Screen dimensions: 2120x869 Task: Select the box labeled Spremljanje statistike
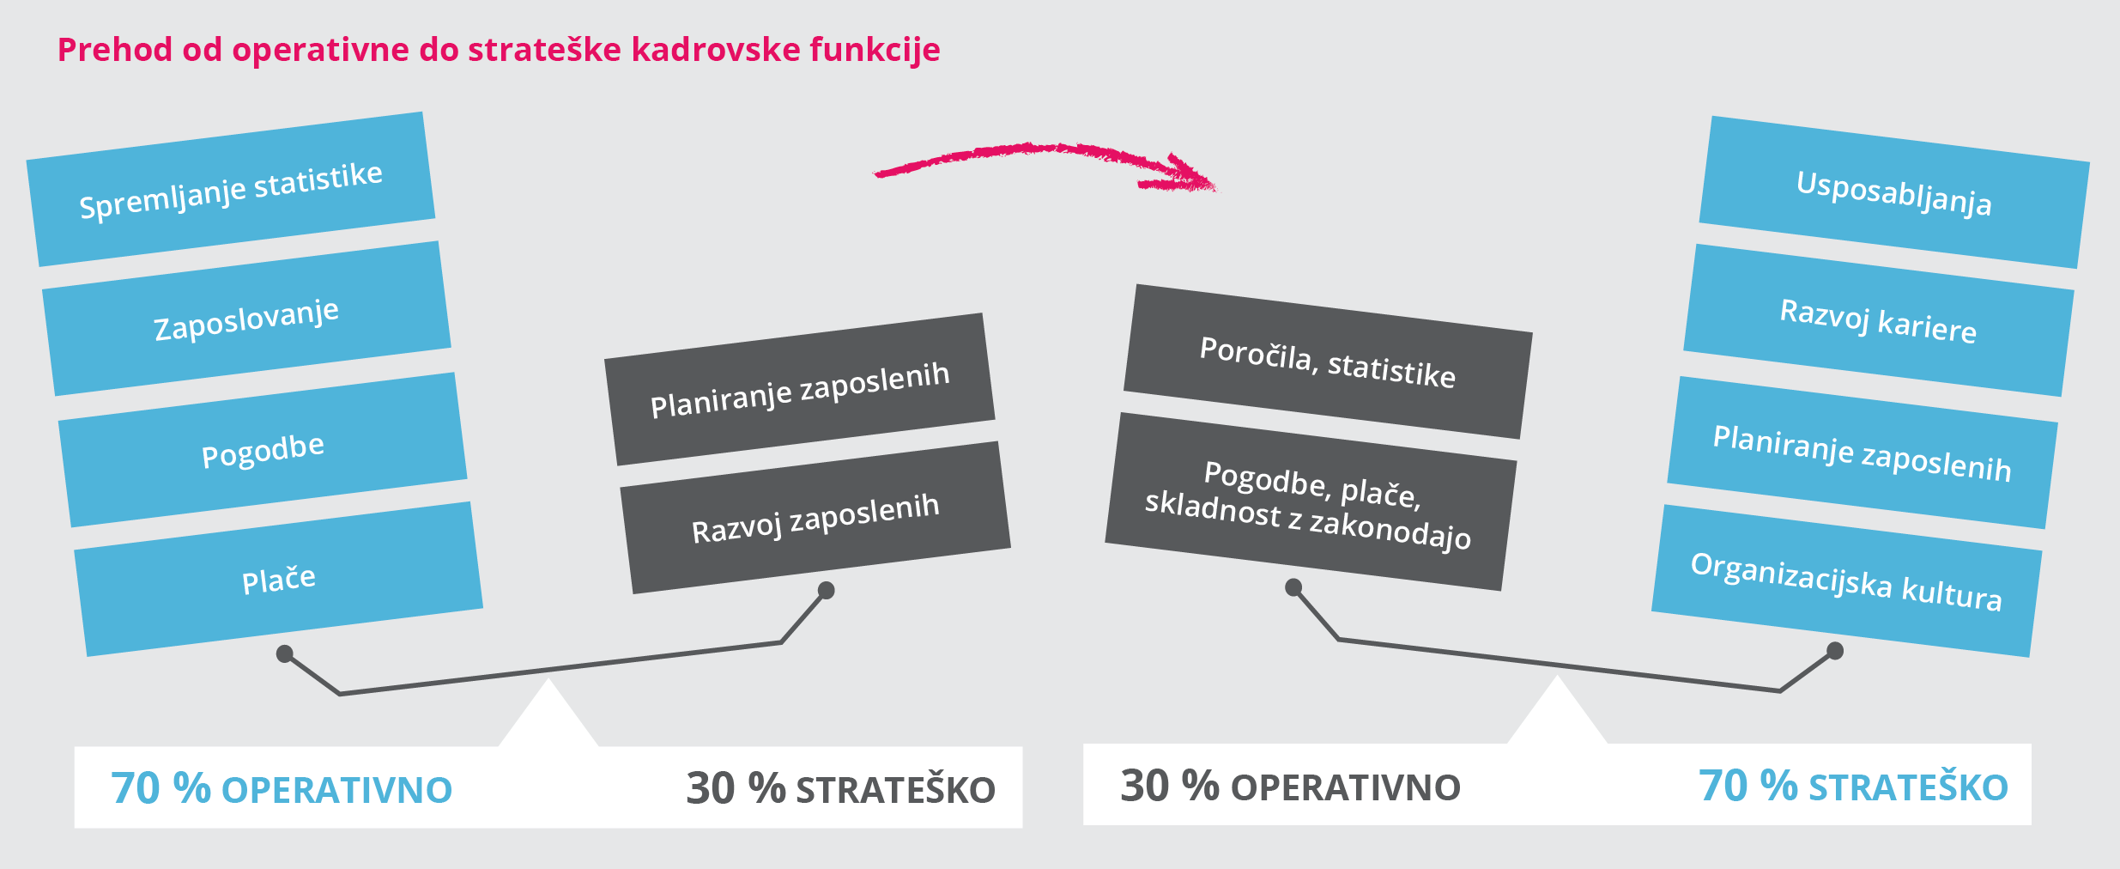pyautogui.click(x=231, y=189)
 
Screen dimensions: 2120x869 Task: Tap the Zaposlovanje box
pyautogui.click(x=246, y=319)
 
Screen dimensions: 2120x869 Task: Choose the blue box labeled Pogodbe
pyautogui.click(x=263, y=450)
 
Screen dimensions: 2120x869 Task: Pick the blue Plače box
pyautogui.click(x=279, y=580)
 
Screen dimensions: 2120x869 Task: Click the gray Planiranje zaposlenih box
pyautogui.click(x=800, y=389)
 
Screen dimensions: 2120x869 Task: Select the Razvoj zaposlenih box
pyautogui.click(x=815, y=518)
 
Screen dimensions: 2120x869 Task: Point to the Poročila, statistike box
pyautogui.click(x=1328, y=362)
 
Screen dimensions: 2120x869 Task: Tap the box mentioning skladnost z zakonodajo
pyautogui.click(x=1311, y=501)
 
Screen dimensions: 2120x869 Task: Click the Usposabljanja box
pyautogui.click(x=1894, y=192)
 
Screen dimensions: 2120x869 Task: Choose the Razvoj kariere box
pyautogui.click(x=1879, y=320)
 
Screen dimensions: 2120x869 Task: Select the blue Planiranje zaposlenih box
pyautogui.click(x=1863, y=453)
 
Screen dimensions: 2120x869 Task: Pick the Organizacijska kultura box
pyautogui.click(x=1846, y=581)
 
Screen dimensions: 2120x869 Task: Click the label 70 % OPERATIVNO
pyautogui.click(x=282, y=788)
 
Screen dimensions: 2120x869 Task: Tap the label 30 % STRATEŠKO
pyautogui.click(x=841, y=788)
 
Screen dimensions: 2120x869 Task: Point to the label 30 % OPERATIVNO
pyautogui.click(x=1291, y=786)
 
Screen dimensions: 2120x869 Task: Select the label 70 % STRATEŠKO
pyautogui.click(x=1854, y=786)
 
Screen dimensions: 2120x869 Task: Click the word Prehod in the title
pyautogui.click(x=115, y=49)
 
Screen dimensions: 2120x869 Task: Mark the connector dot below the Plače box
pyautogui.click(x=285, y=654)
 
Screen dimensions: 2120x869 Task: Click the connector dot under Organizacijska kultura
pyautogui.click(x=1835, y=651)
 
